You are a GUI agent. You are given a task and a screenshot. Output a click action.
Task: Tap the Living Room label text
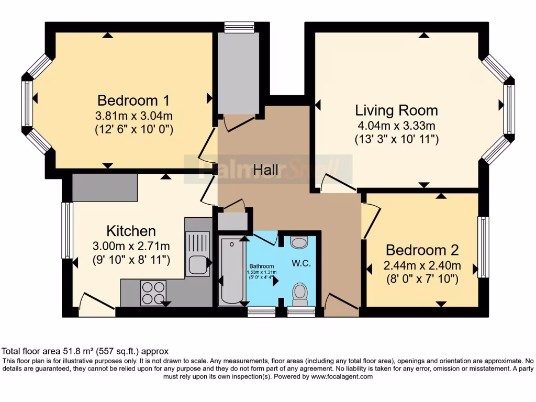click(x=396, y=110)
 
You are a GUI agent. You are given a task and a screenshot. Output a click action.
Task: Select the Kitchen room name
click(x=131, y=231)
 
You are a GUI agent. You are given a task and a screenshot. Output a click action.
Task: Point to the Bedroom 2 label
click(x=421, y=249)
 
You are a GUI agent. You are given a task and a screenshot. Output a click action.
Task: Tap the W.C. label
click(x=301, y=264)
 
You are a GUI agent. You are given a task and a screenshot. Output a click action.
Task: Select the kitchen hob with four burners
click(x=153, y=293)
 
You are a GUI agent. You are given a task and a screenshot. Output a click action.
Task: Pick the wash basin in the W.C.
click(x=299, y=242)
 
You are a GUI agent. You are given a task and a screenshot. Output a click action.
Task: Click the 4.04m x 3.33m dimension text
click(x=396, y=126)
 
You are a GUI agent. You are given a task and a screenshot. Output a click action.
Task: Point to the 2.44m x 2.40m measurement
click(x=421, y=265)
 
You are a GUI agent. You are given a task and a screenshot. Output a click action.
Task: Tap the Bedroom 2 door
click(x=370, y=222)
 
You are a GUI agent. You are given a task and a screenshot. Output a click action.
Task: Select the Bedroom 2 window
click(x=483, y=247)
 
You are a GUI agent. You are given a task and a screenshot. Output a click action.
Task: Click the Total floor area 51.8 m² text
click(x=85, y=351)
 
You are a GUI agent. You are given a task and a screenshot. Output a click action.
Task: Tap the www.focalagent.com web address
click(x=342, y=376)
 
